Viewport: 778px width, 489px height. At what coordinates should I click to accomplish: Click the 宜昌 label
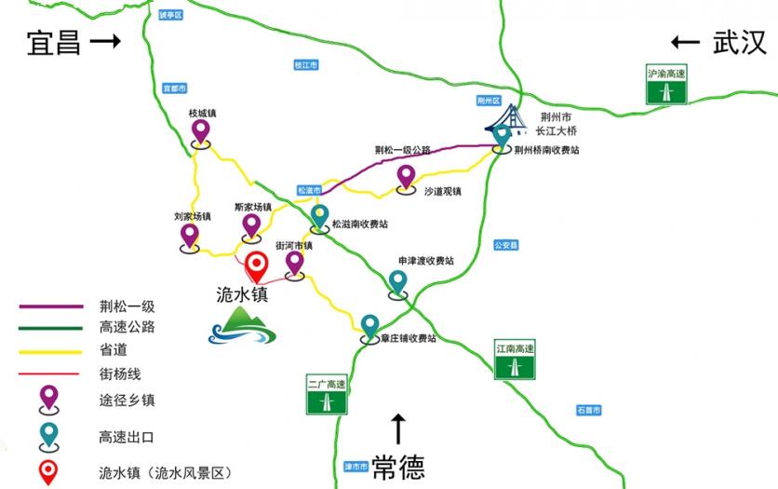54,42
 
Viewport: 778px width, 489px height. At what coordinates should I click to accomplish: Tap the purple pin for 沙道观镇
406,176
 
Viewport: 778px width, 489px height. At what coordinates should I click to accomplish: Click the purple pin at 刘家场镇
190,236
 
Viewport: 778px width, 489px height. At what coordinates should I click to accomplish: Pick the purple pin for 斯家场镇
251,225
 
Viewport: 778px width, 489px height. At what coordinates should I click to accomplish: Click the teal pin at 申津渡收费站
398,281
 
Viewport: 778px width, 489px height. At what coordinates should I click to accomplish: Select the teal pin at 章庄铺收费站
369,326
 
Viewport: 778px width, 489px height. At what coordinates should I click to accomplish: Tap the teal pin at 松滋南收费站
320,217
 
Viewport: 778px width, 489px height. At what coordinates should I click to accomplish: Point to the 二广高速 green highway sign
327,394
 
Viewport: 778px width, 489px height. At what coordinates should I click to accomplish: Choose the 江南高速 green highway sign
515,360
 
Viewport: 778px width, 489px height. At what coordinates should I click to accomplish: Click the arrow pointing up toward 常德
399,428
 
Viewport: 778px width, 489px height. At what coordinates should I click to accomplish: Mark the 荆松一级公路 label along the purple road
403,150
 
